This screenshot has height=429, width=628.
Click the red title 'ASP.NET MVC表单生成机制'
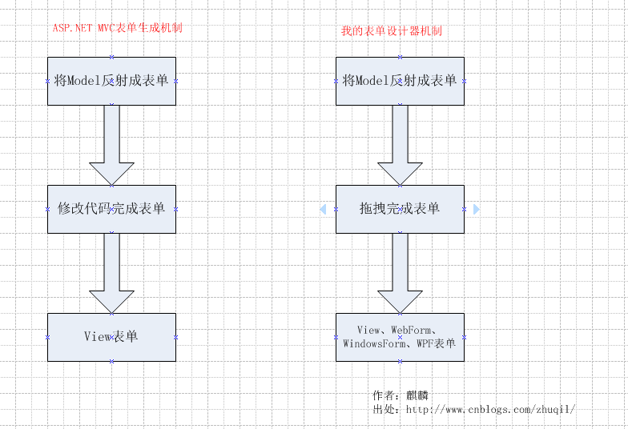point(118,28)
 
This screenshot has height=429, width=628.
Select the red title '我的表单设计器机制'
point(392,31)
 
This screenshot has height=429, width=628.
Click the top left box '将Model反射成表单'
point(111,81)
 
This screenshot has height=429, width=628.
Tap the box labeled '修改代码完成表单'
point(111,209)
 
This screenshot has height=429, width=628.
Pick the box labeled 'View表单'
point(111,337)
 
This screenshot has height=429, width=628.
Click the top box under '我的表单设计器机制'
point(400,81)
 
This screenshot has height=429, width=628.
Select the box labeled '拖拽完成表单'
point(400,209)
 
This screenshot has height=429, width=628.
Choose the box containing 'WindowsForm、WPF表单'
point(400,337)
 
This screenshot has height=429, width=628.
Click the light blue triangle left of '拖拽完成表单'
point(323,209)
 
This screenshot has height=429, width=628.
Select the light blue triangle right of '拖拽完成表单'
point(477,209)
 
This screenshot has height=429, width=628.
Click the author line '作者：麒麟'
point(406,396)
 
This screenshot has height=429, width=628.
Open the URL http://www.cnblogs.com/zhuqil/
point(490,410)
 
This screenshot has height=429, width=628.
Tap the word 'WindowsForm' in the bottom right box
point(373,344)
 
